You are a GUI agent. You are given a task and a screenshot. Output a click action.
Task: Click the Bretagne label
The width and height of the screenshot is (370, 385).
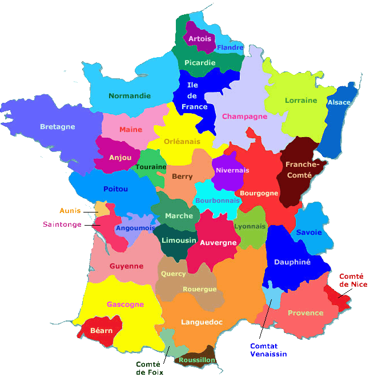58,127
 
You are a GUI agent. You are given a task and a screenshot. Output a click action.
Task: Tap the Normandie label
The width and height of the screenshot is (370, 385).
130,96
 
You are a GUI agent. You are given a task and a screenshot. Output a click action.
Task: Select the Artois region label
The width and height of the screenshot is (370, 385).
200,39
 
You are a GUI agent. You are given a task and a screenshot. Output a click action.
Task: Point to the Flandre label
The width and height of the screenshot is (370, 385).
230,47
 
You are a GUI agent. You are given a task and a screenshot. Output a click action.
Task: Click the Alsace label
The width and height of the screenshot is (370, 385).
339,102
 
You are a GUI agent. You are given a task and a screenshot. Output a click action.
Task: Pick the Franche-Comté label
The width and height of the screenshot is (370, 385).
299,170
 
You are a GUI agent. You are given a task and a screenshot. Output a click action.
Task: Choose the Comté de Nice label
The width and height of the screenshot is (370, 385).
353,280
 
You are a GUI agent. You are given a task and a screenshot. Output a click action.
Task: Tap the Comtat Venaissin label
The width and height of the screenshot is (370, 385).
268,350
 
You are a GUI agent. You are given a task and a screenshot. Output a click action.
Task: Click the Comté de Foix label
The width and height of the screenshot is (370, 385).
150,368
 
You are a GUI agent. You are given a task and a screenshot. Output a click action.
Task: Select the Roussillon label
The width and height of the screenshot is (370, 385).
197,360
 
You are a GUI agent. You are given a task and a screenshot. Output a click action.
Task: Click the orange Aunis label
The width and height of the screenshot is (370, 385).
70,210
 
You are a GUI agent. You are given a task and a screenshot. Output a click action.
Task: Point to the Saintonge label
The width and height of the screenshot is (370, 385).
62,224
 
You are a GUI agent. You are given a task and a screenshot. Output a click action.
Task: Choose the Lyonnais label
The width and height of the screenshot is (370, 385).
250,226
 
